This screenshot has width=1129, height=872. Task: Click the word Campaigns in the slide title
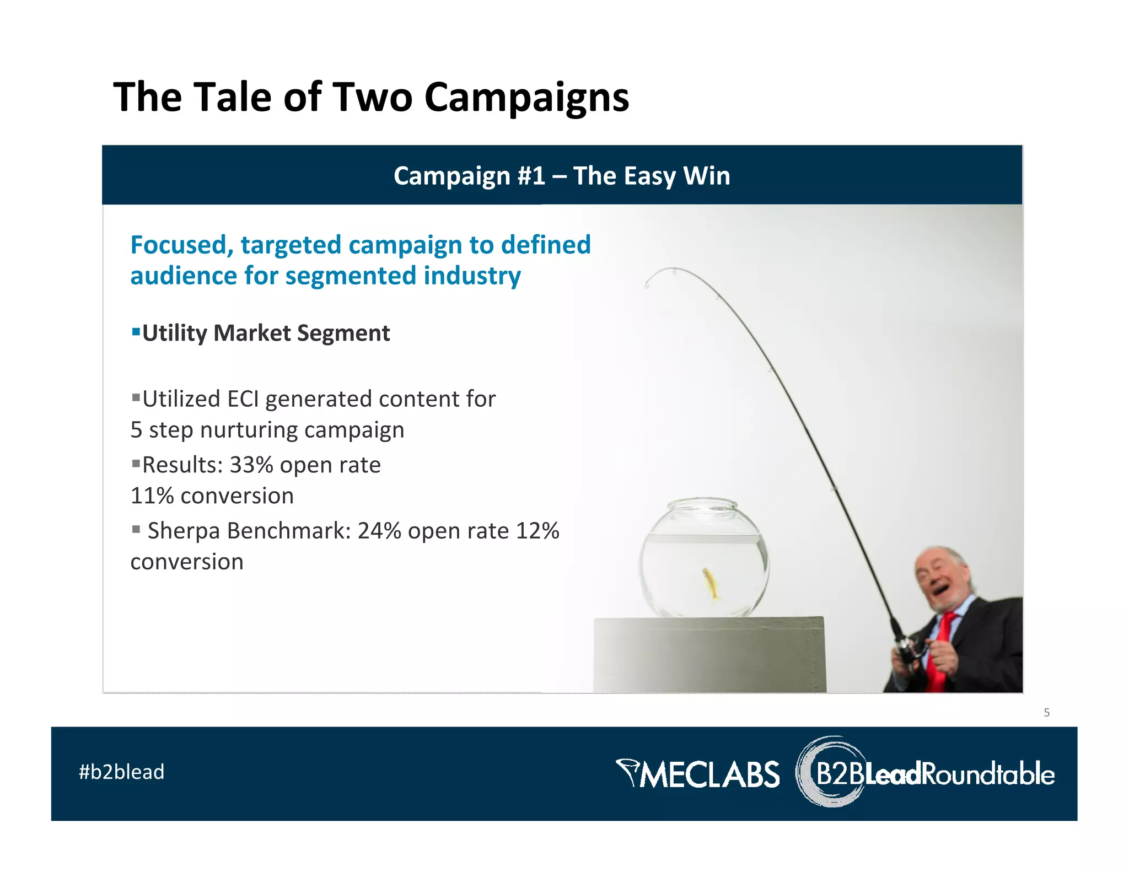tap(526, 98)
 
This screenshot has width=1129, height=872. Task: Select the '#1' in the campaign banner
tap(531, 176)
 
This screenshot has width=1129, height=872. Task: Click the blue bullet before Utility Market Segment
tap(135, 332)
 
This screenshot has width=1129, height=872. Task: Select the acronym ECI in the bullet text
tap(243, 399)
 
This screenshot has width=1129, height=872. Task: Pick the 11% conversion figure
tap(152, 496)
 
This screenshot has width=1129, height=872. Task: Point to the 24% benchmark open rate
tap(379, 531)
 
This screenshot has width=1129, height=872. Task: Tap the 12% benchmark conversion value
tap(537, 531)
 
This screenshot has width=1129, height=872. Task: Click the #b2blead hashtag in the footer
tap(121, 772)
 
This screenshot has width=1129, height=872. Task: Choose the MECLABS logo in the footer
tap(698, 773)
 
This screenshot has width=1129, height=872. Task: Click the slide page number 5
tap(1046, 713)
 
